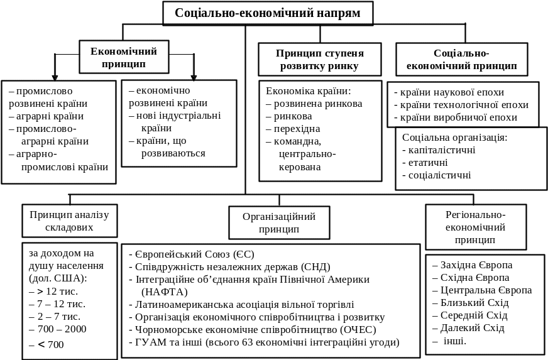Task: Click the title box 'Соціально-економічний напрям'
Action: (x=268, y=13)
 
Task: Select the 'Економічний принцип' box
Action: (x=124, y=57)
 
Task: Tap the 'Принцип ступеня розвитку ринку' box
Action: (x=320, y=60)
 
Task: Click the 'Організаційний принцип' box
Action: (x=279, y=222)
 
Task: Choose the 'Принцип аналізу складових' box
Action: (x=70, y=221)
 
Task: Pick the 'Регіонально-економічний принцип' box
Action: (x=476, y=227)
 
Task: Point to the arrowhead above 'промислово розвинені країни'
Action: (x=55, y=77)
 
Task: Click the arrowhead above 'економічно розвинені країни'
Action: (x=194, y=77)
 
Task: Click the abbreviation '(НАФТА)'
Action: (x=165, y=292)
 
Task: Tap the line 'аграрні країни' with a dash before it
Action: (x=46, y=116)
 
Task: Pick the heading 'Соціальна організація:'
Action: (x=455, y=138)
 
